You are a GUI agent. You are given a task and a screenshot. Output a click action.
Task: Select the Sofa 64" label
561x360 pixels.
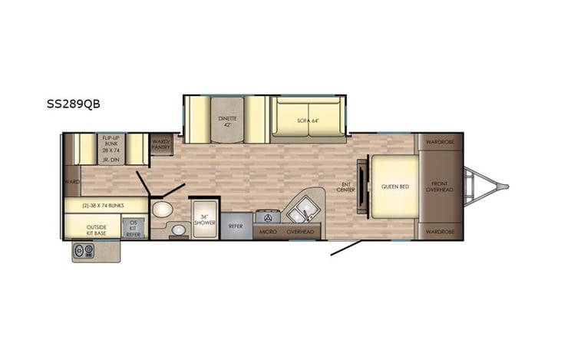[306, 121]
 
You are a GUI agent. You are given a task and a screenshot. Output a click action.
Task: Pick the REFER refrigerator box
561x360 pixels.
[236, 226]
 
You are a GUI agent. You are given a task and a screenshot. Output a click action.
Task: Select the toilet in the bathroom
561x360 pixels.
[162, 209]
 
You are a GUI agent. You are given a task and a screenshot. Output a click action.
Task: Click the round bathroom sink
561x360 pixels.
[178, 229]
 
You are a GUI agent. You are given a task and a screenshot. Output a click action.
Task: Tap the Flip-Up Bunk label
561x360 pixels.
[111, 144]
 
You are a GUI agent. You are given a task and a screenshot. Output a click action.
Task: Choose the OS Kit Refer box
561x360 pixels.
[133, 230]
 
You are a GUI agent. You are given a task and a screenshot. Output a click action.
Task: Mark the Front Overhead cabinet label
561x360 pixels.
[440, 186]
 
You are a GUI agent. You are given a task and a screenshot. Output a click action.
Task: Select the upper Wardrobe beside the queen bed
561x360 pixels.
[440, 141]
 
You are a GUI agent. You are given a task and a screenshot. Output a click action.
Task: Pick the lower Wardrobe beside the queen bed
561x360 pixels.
[440, 231]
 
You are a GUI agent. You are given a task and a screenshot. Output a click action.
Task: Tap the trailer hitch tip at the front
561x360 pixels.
[505, 186]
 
